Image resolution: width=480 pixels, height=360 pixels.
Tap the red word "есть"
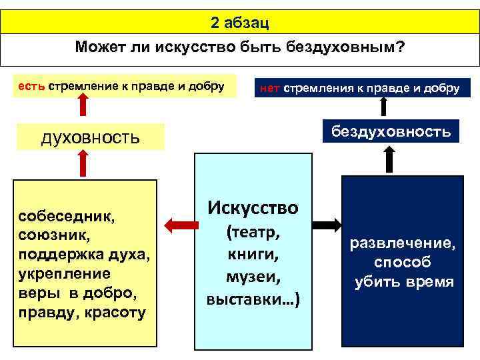[31, 85]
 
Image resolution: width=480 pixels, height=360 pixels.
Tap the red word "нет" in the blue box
[269, 89]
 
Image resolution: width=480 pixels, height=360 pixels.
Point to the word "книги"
[253, 255]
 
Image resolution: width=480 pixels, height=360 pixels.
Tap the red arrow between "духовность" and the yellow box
[81, 163]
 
